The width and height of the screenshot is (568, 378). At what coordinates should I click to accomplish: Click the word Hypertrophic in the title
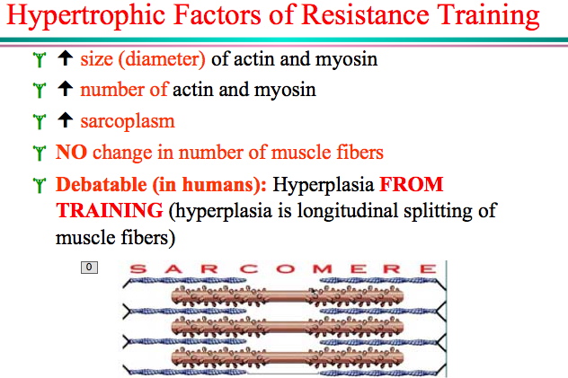point(86,16)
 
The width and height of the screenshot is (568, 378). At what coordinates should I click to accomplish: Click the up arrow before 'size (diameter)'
point(66,57)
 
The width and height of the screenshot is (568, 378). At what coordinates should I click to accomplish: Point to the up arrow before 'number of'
point(66,89)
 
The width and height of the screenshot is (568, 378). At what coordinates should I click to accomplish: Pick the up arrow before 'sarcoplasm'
point(66,119)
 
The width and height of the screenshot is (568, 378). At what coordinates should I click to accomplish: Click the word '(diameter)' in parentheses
point(162,59)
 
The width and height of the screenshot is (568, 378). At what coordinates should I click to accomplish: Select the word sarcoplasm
point(128,122)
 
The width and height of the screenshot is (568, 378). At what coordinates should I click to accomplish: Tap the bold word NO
point(71,152)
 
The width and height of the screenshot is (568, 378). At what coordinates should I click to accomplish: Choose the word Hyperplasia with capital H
point(324,185)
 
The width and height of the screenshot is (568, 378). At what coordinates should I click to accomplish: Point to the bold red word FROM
point(411,184)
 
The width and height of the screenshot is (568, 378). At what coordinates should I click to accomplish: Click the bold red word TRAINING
point(110,210)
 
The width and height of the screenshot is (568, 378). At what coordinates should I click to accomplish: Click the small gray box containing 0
point(89,268)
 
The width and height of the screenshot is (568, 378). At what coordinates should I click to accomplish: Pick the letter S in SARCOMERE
point(138,269)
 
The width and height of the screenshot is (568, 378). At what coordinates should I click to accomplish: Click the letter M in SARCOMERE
point(323,269)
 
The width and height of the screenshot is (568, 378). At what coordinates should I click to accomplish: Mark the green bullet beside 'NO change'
point(40,153)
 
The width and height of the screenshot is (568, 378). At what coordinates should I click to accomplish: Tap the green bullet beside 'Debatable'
point(40,185)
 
